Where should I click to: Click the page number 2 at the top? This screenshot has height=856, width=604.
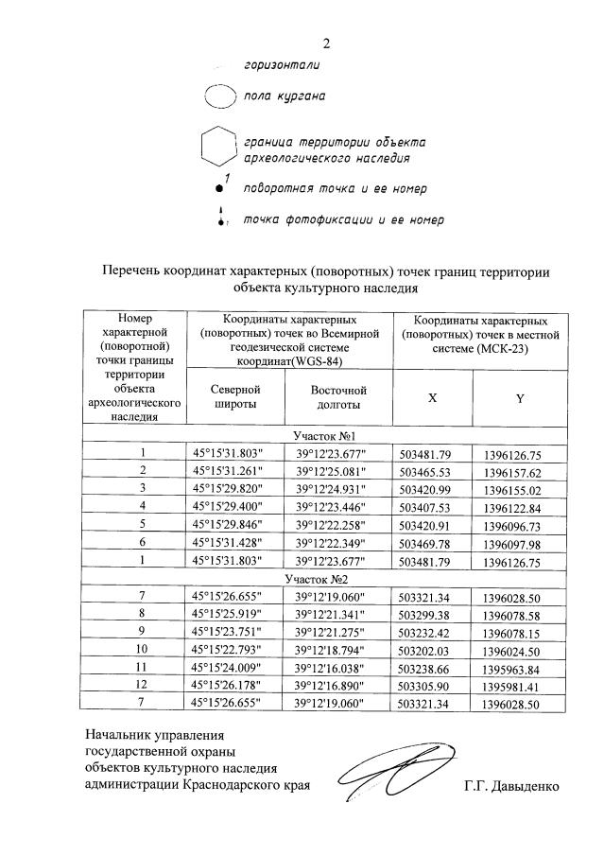(327, 43)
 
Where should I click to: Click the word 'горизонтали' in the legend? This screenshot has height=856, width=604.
(282, 65)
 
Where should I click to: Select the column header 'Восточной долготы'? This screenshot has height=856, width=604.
(337, 397)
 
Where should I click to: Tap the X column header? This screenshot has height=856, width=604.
(432, 398)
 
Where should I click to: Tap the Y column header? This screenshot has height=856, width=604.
(520, 398)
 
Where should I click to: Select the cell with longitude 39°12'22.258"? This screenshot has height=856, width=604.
(337, 523)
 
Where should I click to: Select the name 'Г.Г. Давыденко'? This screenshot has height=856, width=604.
(512, 785)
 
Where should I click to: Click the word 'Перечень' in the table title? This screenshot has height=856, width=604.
(131, 271)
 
